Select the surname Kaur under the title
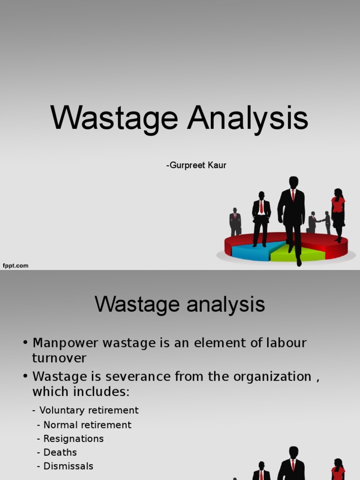click(217, 165)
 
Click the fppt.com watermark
click(16, 266)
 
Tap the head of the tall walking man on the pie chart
click(293, 182)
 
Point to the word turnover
click(59, 358)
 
